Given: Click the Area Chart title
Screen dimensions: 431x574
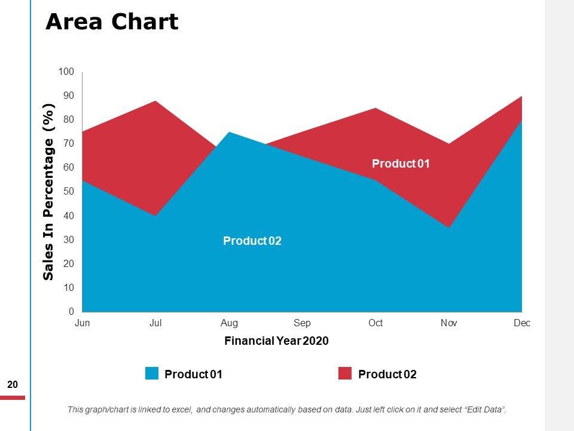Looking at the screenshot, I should tap(112, 22).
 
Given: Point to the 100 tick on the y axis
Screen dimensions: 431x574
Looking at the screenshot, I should tap(66, 72).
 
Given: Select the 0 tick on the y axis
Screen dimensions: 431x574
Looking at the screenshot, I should tap(71, 312).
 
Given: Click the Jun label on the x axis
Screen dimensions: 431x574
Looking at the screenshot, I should tap(83, 323).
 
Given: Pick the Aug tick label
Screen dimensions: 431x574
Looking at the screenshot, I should tap(229, 323).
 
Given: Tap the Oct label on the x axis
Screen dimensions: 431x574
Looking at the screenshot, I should tap(375, 323).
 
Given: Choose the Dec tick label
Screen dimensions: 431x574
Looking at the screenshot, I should tap(522, 323).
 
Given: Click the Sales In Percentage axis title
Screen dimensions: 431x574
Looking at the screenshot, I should tap(48, 192).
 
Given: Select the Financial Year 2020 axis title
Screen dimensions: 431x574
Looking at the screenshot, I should tap(276, 341).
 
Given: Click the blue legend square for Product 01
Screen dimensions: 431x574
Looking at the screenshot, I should tap(152, 374).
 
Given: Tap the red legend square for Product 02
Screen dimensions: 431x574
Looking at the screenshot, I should tap(345, 374).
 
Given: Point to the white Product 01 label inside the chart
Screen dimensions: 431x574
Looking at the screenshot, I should tap(401, 164).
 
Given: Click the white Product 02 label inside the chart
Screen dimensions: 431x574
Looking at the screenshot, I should tap(252, 241).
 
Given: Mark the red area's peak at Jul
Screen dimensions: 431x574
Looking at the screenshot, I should tap(156, 101).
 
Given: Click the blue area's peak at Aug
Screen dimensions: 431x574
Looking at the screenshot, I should tap(229, 132).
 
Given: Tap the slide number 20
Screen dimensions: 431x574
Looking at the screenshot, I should tap(12, 385).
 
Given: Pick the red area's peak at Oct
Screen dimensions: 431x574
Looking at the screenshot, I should tap(375, 108).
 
